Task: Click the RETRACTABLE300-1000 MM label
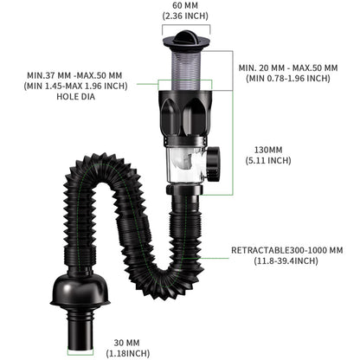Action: pyautogui.click(x=286, y=250)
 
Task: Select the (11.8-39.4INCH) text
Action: pyautogui.click(x=286, y=261)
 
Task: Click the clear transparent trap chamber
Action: pyautogui.click(x=183, y=161)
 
